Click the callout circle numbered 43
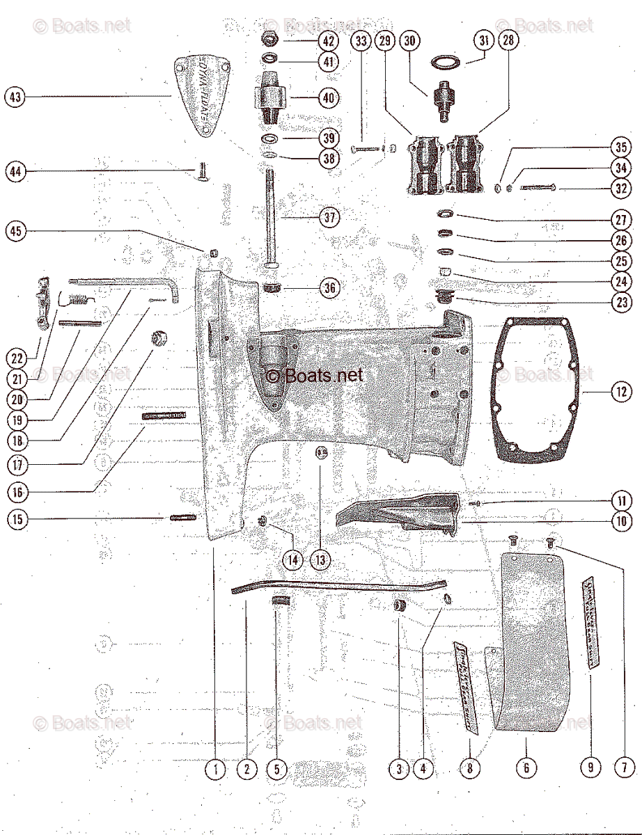tap(14, 96)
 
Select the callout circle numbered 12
tap(621, 392)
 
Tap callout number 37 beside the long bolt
tap(329, 217)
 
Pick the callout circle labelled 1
tap(216, 769)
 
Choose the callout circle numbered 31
tap(485, 40)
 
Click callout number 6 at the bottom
tap(526, 768)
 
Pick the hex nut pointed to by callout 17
tap(159, 339)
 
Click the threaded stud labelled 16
tap(164, 415)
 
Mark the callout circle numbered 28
tap(509, 40)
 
